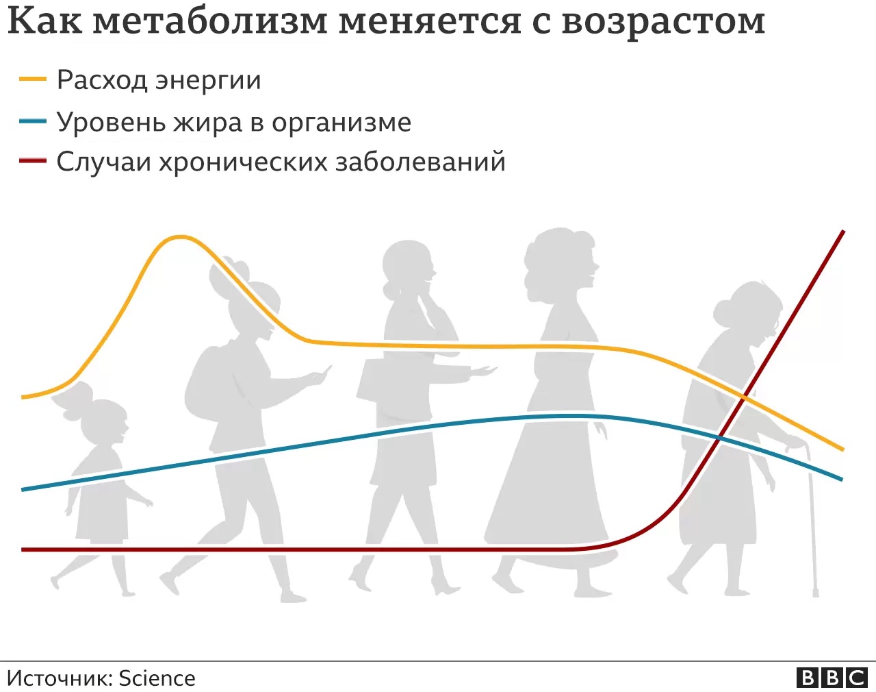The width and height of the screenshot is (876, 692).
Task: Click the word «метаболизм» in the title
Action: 210,21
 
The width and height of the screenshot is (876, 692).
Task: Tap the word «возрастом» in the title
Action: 663,23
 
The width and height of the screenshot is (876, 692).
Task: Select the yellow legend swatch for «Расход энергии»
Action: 33,79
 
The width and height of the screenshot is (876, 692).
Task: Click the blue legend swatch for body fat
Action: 33,121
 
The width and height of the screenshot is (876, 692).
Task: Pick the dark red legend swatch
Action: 33,161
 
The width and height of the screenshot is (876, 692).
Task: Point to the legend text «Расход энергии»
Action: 159,80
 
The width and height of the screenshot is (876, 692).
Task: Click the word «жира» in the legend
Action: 207,122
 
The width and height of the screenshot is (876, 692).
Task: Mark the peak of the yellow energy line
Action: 180,237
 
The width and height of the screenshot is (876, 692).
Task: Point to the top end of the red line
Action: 843,232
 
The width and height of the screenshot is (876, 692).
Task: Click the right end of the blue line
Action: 841,479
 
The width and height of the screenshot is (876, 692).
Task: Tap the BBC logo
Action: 832,678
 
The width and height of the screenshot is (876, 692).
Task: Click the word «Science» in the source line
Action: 157,678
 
